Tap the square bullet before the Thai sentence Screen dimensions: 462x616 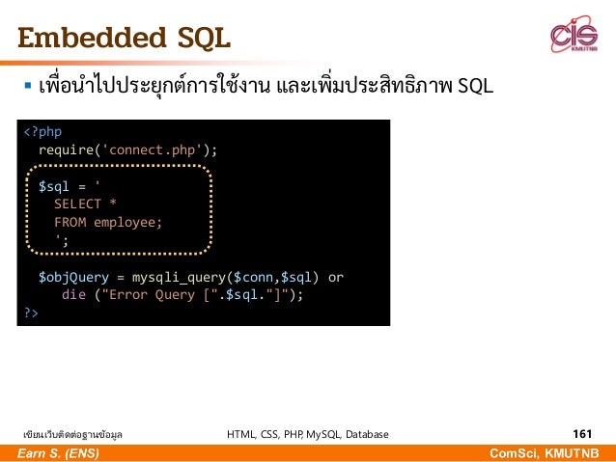[x=28, y=90]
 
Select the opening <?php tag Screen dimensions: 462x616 [x=42, y=130]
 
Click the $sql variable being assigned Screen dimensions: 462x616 [x=53, y=186]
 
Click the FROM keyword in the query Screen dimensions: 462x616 [x=69, y=222]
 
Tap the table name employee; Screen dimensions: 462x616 [x=128, y=222]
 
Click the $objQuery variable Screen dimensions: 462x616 [x=72, y=277]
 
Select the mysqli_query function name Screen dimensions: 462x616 [x=179, y=277]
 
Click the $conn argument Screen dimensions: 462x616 [x=255, y=277]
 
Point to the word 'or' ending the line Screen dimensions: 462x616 [x=336, y=277]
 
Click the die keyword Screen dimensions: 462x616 [x=72, y=295]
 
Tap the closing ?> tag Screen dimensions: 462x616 [x=30, y=313]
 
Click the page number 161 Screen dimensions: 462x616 [x=581, y=434]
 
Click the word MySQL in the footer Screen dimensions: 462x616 [x=319, y=435]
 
